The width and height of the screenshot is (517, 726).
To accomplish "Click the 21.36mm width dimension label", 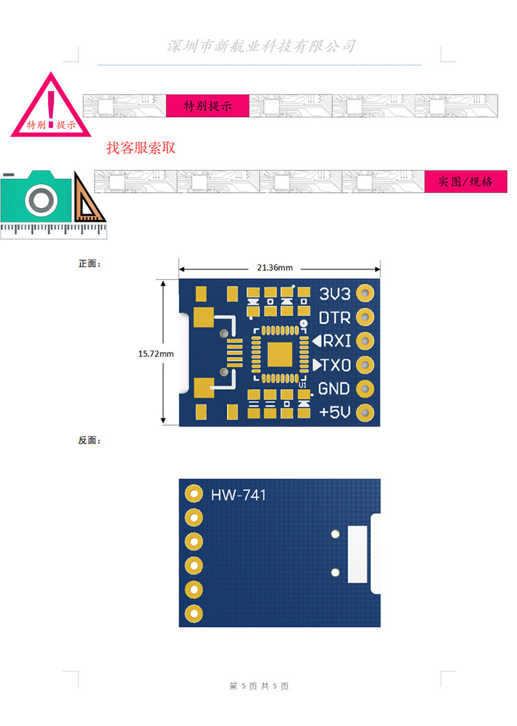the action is click(x=275, y=268).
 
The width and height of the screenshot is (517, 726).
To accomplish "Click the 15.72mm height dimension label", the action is click(x=156, y=354).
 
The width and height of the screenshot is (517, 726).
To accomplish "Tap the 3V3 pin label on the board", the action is click(x=334, y=293).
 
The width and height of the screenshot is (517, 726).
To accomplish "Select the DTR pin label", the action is click(x=334, y=318).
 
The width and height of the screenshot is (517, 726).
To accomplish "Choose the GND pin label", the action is click(x=334, y=389).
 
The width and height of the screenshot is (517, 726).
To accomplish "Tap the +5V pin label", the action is click(x=334, y=412).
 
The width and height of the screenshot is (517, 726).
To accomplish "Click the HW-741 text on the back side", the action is click(x=239, y=495).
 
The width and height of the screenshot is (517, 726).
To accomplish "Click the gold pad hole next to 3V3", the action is click(x=365, y=293).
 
